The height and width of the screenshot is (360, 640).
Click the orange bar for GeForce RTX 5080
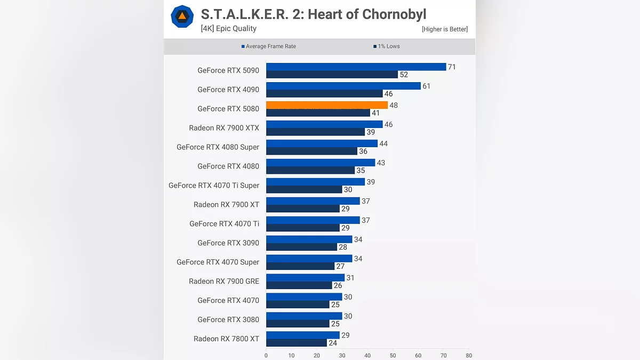pyautogui.click(x=327, y=105)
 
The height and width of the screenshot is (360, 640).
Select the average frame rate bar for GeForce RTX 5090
pyautogui.click(x=356, y=67)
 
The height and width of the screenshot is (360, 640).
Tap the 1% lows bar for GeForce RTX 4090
pyautogui.click(x=324, y=94)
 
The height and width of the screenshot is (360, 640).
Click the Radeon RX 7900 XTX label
pyautogui.click(x=224, y=128)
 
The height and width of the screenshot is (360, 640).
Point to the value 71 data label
pyautogui.click(x=452, y=67)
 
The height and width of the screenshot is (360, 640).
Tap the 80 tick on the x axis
pyautogui.click(x=468, y=355)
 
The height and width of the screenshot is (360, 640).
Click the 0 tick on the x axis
pyautogui.click(x=266, y=355)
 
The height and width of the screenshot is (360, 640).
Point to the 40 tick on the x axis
pyautogui.click(x=367, y=355)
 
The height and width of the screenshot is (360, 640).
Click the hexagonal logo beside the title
pyautogui.click(x=182, y=17)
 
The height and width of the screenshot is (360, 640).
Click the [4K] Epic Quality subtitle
pyautogui.click(x=228, y=29)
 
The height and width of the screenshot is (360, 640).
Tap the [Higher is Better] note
pyautogui.click(x=444, y=29)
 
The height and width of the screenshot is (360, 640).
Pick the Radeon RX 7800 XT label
pyautogui.click(x=226, y=339)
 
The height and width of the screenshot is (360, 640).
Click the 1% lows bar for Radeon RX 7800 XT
pyautogui.click(x=297, y=343)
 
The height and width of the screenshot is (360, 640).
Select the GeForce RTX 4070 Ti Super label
pyautogui.click(x=214, y=186)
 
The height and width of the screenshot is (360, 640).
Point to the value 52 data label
pyautogui.click(x=404, y=75)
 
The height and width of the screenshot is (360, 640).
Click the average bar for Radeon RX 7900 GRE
pyautogui.click(x=306, y=278)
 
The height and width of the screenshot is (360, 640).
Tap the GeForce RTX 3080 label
pyautogui.click(x=228, y=319)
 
